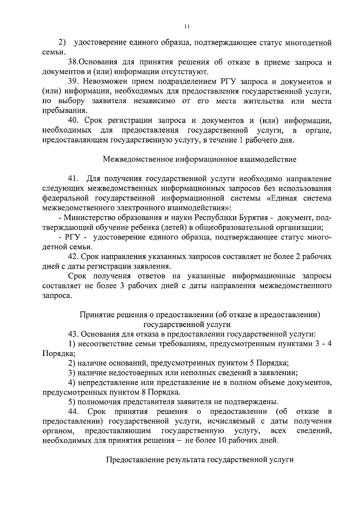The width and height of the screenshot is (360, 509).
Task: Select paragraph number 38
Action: [73, 62]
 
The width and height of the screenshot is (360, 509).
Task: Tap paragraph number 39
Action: [73, 82]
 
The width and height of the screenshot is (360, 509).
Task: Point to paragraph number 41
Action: [73, 179]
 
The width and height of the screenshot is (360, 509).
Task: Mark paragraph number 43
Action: [73, 334]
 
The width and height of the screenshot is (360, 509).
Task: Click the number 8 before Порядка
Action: [143, 392]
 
